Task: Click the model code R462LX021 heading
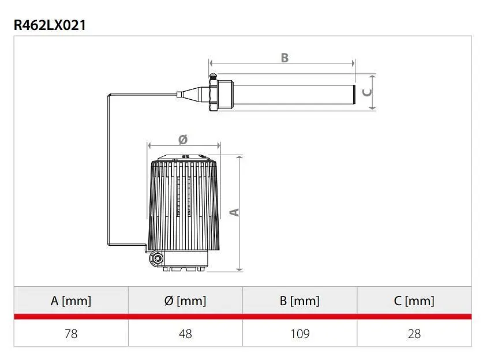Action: (x=50, y=25)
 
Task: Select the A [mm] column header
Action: (x=71, y=301)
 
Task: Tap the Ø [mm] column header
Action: (x=185, y=301)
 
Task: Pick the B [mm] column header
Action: (x=299, y=301)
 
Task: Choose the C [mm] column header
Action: (x=414, y=301)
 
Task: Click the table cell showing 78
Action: (x=71, y=334)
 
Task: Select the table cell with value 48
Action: (x=185, y=334)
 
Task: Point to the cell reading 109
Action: (x=300, y=334)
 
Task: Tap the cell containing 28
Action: (x=414, y=334)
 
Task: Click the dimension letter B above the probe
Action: (x=284, y=58)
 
